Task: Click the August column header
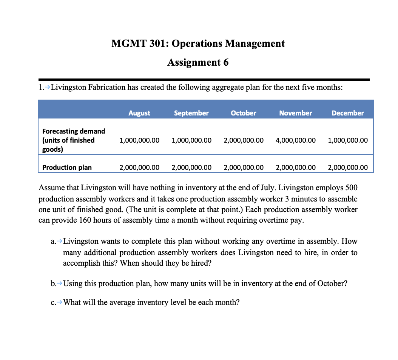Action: (x=139, y=113)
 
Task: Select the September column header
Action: (x=191, y=113)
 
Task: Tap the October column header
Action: (x=243, y=113)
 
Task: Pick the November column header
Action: (x=296, y=113)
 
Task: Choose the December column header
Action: (x=347, y=113)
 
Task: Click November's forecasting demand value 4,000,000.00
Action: (x=296, y=140)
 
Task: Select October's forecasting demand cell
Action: (x=244, y=140)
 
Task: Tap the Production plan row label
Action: (x=67, y=168)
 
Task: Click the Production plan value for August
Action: (x=139, y=168)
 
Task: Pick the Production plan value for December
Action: (x=348, y=168)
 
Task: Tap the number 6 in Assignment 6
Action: (x=225, y=62)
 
